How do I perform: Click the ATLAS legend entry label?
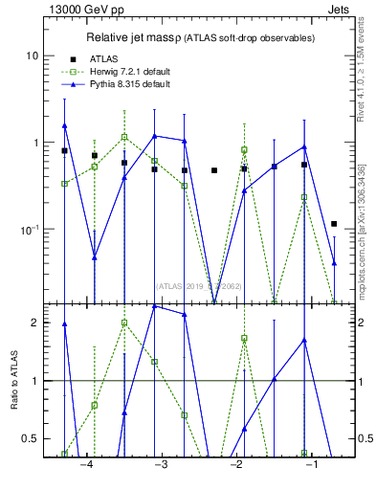104,58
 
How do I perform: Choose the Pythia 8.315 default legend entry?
130,84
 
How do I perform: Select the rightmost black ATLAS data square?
334,224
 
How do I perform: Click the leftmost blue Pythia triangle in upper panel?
64,125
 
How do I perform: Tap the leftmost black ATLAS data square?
64,151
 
